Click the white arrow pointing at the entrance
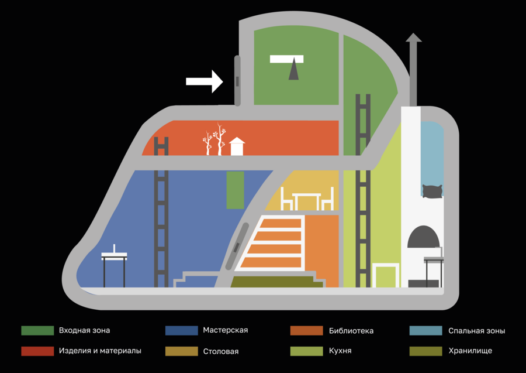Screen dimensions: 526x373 tap(205, 81)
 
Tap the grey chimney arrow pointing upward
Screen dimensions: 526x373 tap(413, 69)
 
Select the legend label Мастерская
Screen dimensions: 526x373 tap(226, 330)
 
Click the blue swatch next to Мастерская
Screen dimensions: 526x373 tap(182, 330)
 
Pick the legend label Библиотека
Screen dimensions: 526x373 tap(351, 331)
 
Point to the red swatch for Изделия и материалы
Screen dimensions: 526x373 tap(37, 351)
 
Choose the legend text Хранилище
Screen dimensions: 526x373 tap(470, 351)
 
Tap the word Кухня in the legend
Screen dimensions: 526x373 tap(340, 351)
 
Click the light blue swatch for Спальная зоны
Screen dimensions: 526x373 tap(425, 330)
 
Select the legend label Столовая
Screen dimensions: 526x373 tap(221, 351)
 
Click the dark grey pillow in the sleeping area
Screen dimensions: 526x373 tap(432, 191)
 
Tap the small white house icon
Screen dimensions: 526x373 tap(237, 146)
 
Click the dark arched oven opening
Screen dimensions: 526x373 tap(423, 237)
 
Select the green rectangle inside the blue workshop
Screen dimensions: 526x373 tap(235, 190)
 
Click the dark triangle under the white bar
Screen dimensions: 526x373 tap(293, 69)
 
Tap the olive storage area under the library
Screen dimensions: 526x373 tap(277, 282)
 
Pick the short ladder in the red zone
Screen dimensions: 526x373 tap(161, 146)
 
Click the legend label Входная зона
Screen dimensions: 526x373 tap(84, 330)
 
